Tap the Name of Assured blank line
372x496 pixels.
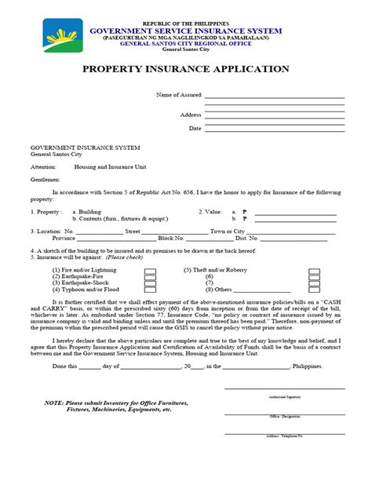275,96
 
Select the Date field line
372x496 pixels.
275,127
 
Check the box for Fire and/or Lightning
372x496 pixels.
149,269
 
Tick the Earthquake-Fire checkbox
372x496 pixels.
149,276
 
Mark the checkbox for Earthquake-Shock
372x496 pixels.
149,283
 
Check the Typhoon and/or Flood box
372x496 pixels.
149,290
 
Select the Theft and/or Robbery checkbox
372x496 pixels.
314,269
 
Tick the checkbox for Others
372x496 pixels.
314,290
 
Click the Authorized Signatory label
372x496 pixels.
283,398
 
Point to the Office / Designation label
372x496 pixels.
283,417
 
